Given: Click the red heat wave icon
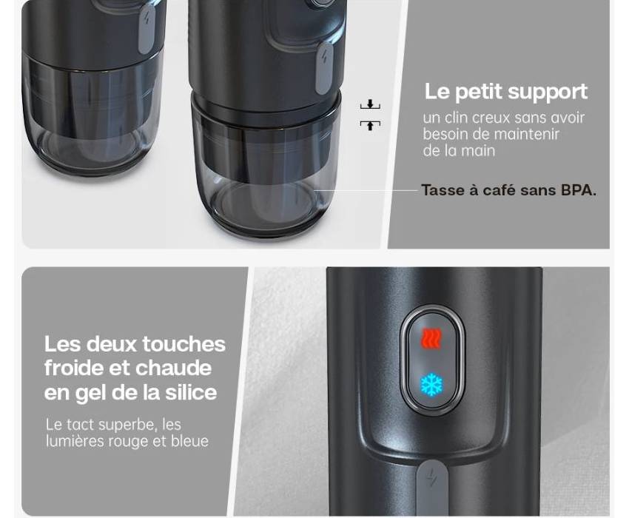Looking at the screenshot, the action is click(x=431, y=338).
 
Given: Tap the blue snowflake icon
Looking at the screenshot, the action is click(x=431, y=385).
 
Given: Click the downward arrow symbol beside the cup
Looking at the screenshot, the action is click(x=370, y=105).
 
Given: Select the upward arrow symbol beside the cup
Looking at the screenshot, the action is click(x=370, y=125).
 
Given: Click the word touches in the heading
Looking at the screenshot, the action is click(x=184, y=344).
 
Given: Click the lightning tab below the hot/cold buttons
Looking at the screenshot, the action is click(x=431, y=487).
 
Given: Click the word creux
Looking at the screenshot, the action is click(x=489, y=118).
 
